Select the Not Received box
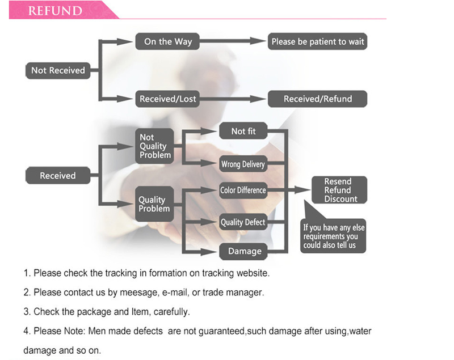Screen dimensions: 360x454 (x=58, y=70)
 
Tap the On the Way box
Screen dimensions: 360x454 (x=168, y=41)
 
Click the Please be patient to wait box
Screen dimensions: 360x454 (x=318, y=41)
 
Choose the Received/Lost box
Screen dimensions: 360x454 (x=168, y=99)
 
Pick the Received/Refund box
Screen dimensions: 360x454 (x=318, y=99)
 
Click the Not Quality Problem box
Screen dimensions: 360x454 (x=154, y=146)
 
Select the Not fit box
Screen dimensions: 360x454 (x=243, y=131)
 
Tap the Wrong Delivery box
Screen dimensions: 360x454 (x=243, y=164)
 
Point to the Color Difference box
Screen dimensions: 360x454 (x=243, y=190)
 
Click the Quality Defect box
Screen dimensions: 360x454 (x=243, y=222)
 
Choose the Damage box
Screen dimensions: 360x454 (x=244, y=251)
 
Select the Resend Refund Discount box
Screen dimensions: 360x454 (x=339, y=190)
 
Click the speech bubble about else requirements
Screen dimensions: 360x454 (x=334, y=235)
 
